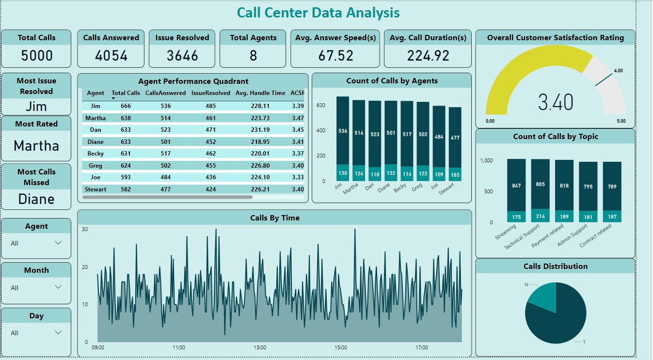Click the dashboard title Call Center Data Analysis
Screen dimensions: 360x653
(318, 13)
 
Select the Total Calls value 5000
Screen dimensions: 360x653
(37, 56)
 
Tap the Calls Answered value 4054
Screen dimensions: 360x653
(111, 56)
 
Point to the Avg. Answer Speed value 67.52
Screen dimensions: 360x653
(335, 56)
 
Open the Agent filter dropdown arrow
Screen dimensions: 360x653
(58, 243)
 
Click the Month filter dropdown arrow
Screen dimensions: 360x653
(58, 287)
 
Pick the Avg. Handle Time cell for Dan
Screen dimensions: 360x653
(260, 129)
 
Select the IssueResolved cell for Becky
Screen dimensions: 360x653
(210, 153)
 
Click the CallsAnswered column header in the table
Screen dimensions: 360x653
(165, 93)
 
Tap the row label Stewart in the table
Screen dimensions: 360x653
(96, 189)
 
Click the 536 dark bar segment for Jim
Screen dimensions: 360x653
(343, 131)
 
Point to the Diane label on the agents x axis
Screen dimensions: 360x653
(384, 188)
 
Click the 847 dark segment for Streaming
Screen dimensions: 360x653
(516, 186)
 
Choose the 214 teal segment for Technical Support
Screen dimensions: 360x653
(540, 216)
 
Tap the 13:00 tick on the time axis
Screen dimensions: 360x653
(259, 347)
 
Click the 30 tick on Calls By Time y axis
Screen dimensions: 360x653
(84, 229)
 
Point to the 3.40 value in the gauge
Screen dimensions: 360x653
(556, 102)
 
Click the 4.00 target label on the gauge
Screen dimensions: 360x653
(618, 71)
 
